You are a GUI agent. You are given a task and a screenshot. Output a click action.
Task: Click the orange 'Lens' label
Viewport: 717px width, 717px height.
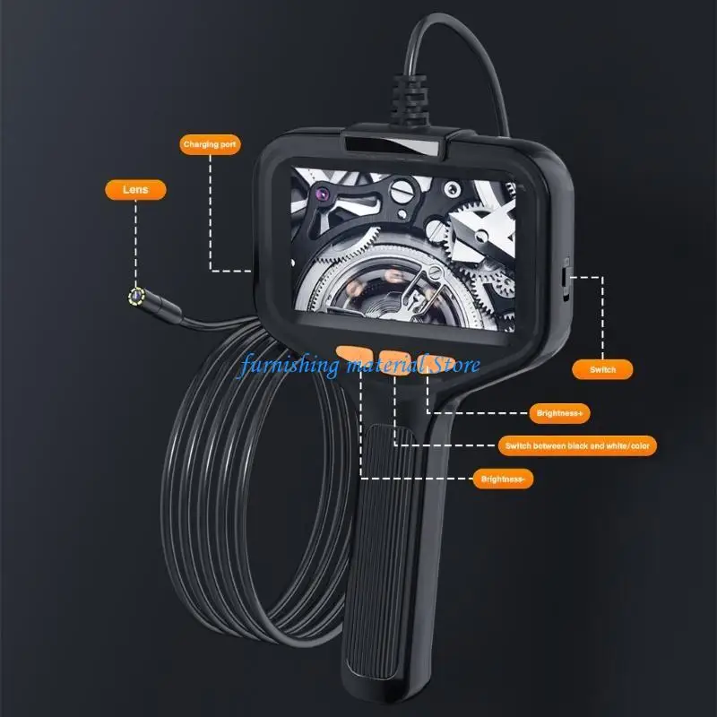pos(124,189)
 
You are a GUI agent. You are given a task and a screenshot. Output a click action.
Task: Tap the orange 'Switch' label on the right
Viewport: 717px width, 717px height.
pos(602,368)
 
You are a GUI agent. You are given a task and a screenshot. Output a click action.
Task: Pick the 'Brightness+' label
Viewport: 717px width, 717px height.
pos(561,413)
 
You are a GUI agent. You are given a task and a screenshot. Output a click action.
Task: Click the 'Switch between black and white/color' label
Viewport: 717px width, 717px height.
pos(577,445)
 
